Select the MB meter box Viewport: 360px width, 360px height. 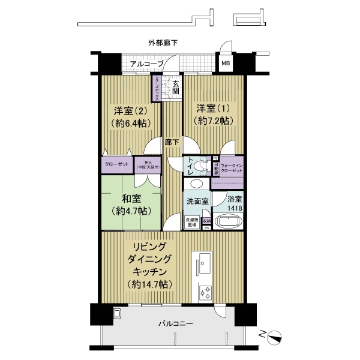[x=226, y=63]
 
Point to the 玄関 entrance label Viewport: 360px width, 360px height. [x=176, y=88]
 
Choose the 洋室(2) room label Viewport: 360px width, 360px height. [x=131, y=111]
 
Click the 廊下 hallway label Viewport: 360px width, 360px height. [x=172, y=142]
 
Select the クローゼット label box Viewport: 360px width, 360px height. [x=116, y=164]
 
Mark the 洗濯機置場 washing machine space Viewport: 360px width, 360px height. [x=190, y=222]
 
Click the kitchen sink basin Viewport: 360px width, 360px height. [x=201, y=262]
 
